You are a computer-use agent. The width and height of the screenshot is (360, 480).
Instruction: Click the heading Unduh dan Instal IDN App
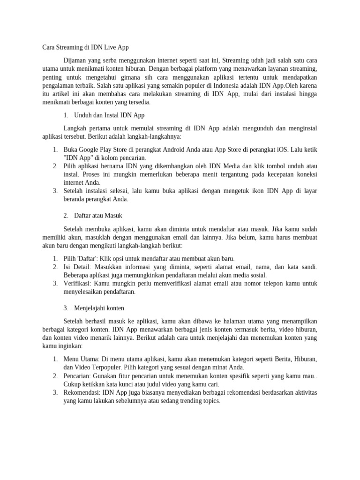click(x=109, y=115)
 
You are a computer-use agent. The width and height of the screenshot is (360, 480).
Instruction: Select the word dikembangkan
click(x=173, y=166)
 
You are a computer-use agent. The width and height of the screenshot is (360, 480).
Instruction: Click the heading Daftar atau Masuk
click(x=98, y=216)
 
